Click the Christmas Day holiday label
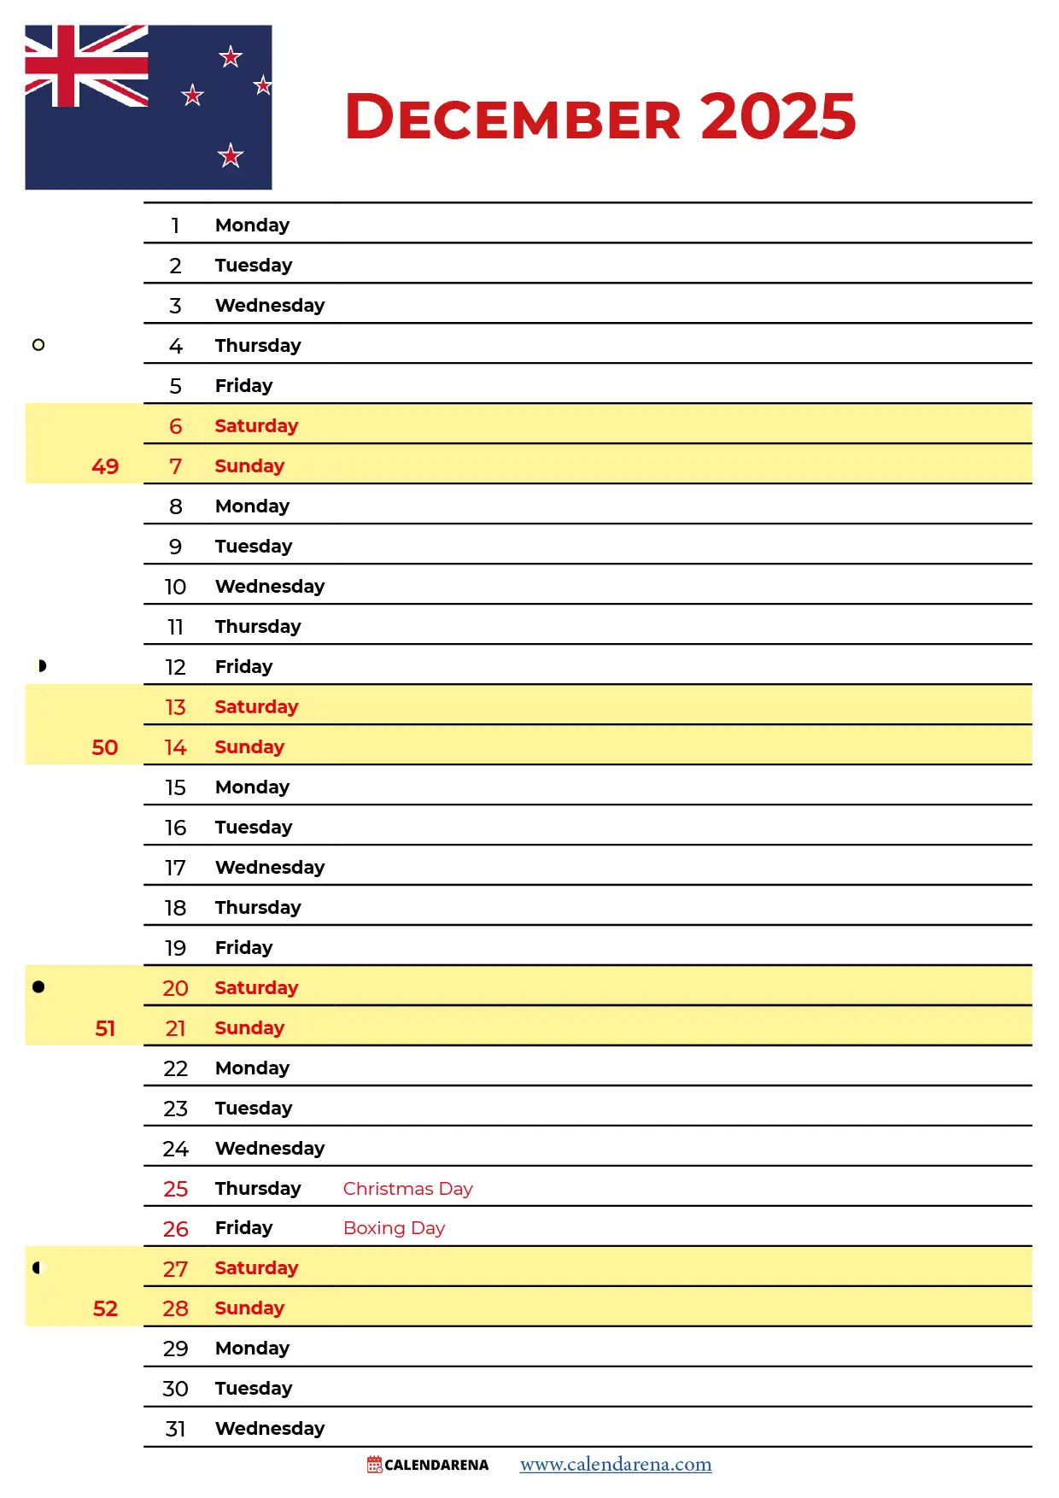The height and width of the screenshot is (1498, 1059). pyautogui.click(x=407, y=1188)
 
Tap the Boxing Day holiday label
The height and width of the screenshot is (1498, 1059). pyautogui.click(x=394, y=1227)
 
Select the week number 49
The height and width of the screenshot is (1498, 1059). pyautogui.click(x=105, y=466)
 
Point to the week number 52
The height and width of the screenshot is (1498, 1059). pyautogui.click(x=105, y=1308)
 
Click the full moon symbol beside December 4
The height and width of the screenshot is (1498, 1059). pyautogui.click(x=38, y=345)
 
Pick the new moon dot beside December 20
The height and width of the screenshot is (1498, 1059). pyautogui.click(x=38, y=986)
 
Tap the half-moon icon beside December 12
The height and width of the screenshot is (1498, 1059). pyautogui.click(x=41, y=666)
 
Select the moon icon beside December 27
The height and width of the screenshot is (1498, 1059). pyautogui.click(x=37, y=1267)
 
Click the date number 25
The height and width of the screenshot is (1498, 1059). pyautogui.click(x=175, y=1189)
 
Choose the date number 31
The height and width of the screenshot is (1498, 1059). pyautogui.click(x=175, y=1429)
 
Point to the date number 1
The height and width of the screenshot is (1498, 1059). pyautogui.click(x=175, y=225)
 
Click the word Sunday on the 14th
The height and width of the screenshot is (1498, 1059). pyautogui.click(x=249, y=746)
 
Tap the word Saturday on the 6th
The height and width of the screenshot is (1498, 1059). pyautogui.click(x=256, y=425)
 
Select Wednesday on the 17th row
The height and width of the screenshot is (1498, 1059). pyautogui.click(x=270, y=867)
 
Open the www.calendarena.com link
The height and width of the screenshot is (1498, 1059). pyautogui.click(x=616, y=1464)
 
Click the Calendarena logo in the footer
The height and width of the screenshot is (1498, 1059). pyautogui.click(x=428, y=1465)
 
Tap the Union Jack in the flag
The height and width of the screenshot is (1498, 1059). pyautogui.click(x=86, y=66)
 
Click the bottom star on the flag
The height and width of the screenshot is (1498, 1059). pyautogui.click(x=231, y=155)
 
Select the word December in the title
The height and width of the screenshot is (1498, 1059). pyautogui.click(x=513, y=118)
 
